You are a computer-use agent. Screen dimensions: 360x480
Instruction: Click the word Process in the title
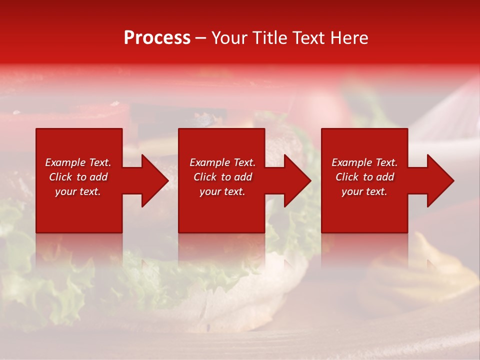click(x=157, y=38)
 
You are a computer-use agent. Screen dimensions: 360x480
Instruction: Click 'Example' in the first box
click(x=65, y=162)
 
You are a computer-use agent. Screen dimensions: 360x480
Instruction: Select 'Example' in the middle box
click(x=209, y=162)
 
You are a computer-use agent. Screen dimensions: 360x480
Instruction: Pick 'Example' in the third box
click(x=351, y=162)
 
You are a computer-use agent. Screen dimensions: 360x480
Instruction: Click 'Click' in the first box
click(x=60, y=177)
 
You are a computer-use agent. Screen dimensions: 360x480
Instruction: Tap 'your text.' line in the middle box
click(x=222, y=191)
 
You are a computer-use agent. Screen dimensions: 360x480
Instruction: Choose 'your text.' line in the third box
click(x=364, y=191)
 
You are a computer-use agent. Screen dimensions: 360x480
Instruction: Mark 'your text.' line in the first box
click(x=77, y=191)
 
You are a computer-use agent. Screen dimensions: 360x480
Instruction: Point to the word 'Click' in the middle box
click(x=205, y=177)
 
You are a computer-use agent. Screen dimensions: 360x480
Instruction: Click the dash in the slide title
click(x=201, y=38)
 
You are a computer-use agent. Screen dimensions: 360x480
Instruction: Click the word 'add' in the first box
click(x=98, y=177)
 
